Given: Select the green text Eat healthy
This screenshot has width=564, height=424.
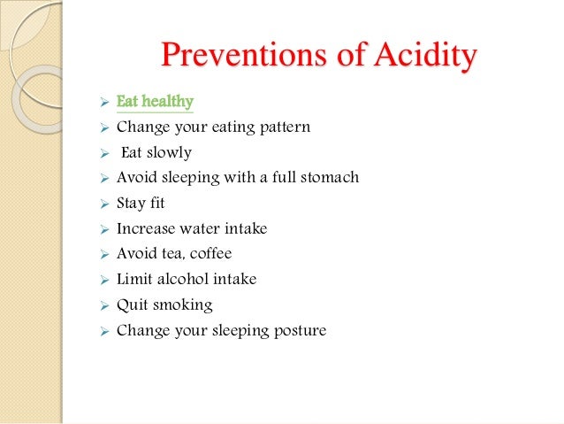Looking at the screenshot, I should [x=155, y=102].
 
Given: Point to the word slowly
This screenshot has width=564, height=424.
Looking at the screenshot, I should [x=170, y=152].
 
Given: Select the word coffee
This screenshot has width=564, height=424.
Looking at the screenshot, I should [x=210, y=254].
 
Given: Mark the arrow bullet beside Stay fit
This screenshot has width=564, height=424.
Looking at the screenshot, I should [x=103, y=204].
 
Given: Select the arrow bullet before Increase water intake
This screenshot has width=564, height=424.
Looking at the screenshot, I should [x=103, y=229].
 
